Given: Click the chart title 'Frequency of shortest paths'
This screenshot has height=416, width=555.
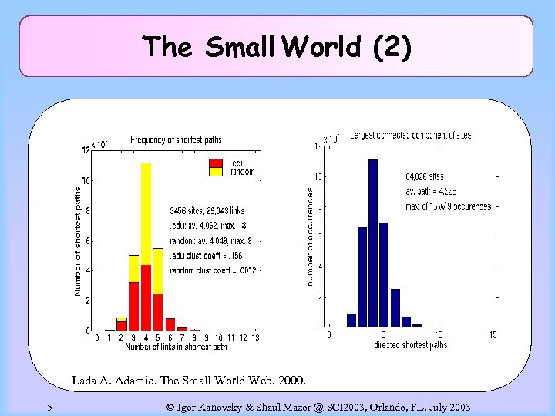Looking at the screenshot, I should coord(176,139).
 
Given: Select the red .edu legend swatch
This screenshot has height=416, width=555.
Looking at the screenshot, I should coord(216,163).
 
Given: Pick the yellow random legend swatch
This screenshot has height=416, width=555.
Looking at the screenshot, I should coord(216,171).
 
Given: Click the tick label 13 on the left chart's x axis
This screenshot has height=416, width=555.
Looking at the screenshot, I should coord(254,337).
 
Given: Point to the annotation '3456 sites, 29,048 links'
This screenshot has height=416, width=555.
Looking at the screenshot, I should coord(207,210).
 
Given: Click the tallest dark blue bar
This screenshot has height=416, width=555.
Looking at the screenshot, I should coord(373,243).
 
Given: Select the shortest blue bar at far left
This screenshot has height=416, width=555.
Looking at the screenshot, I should coord(351,320).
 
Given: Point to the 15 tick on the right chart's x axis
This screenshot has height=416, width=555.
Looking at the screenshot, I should coord(493,335).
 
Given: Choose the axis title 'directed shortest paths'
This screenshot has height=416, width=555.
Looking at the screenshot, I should coord(411,344).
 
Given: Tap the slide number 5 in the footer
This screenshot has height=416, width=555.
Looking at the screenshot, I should coord(49,407).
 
